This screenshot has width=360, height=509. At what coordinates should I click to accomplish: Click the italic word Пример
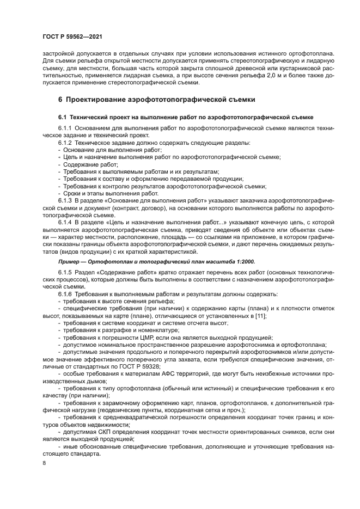coord(70,261)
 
